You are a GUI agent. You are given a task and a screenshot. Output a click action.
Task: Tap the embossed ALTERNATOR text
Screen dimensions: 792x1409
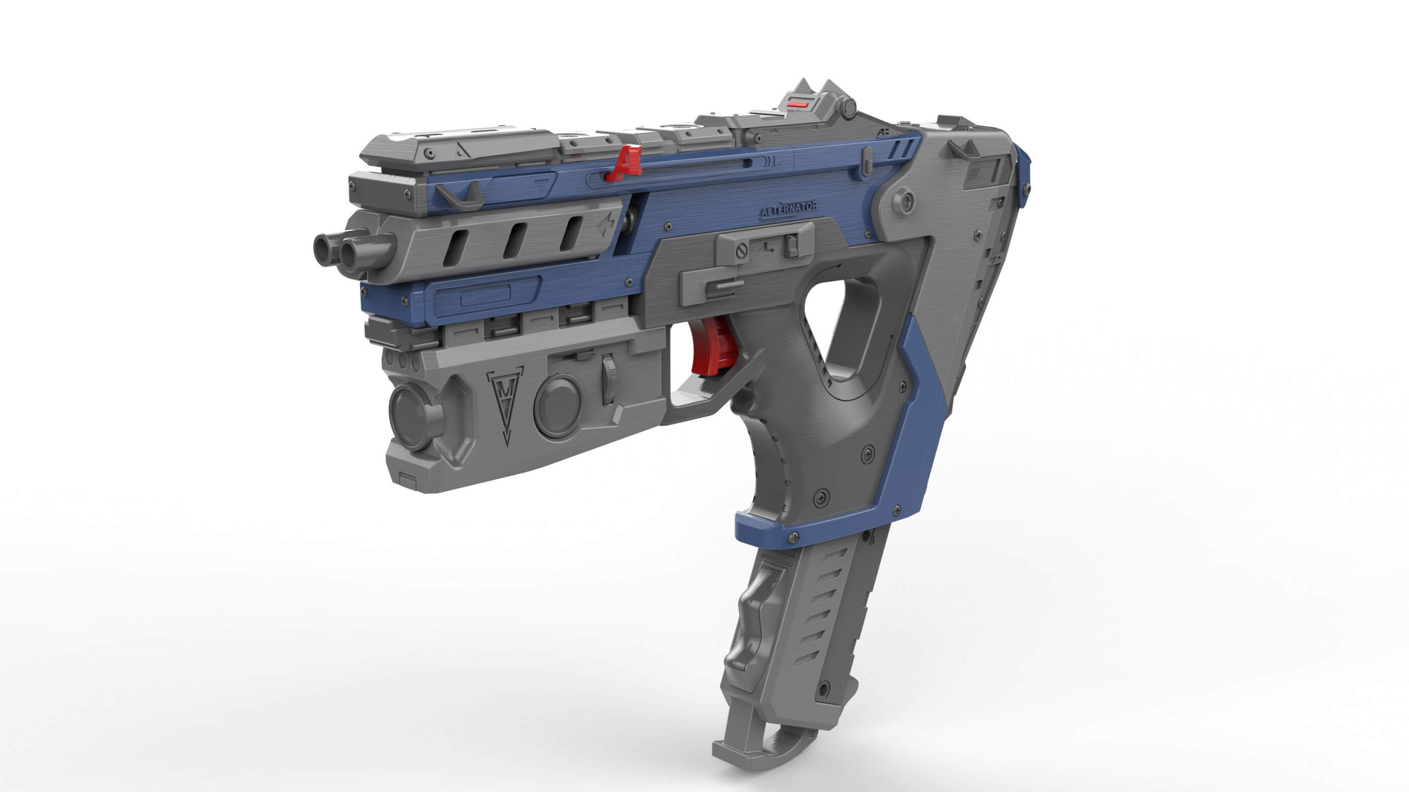tap(789, 209)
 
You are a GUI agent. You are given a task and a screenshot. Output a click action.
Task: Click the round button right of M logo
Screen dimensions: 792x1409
tap(558, 405)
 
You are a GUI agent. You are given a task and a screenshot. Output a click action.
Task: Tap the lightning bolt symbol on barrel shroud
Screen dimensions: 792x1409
tap(606, 224)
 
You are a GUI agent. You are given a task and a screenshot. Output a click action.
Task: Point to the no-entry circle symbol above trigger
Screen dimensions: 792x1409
tap(742, 252)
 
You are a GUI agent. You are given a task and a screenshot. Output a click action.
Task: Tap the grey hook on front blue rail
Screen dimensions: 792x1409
tap(462, 197)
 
